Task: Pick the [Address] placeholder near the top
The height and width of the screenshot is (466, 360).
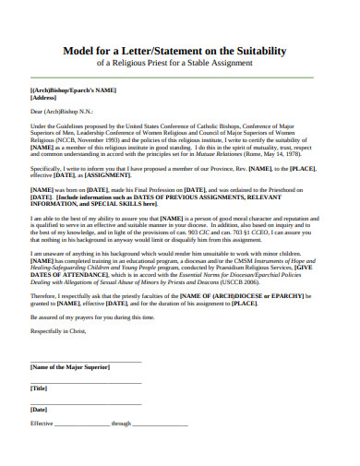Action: click(x=45, y=97)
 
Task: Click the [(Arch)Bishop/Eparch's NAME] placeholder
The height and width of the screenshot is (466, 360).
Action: click(x=74, y=90)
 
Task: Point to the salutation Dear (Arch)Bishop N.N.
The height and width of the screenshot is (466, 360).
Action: click(x=66, y=111)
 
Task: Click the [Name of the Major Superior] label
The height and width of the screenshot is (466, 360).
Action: click(x=70, y=366)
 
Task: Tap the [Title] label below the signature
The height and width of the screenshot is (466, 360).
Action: click(x=39, y=388)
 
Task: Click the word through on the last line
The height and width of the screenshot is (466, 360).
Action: click(x=122, y=424)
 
